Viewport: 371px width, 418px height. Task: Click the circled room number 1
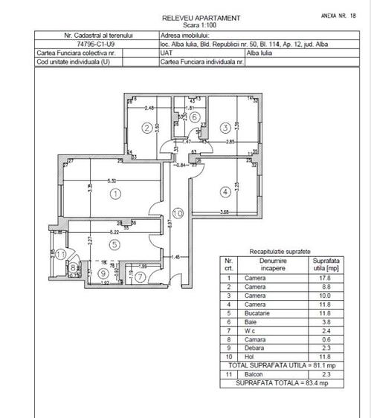click(x=114, y=195)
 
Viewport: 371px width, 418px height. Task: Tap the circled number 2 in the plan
click(x=146, y=127)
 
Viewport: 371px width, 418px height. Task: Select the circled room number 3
click(x=225, y=128)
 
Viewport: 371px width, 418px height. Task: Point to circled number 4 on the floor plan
click(x=225, y=192)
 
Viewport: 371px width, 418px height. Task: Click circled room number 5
click(x=114, y=244)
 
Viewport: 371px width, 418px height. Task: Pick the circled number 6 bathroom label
click(x=193, y=117)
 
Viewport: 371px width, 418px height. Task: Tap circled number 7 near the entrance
click(x=141, y=276)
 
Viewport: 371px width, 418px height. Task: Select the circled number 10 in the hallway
click(x=176, y=214)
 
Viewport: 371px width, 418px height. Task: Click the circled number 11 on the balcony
click(x=62, y=255)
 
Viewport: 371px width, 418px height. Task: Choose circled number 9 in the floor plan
click(x=103, y=273)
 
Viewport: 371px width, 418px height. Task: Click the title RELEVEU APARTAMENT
click(x=201, y=17)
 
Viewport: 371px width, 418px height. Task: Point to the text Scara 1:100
click(x=201, y=24)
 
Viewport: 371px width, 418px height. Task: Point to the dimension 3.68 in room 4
click(x=225, y=213)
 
